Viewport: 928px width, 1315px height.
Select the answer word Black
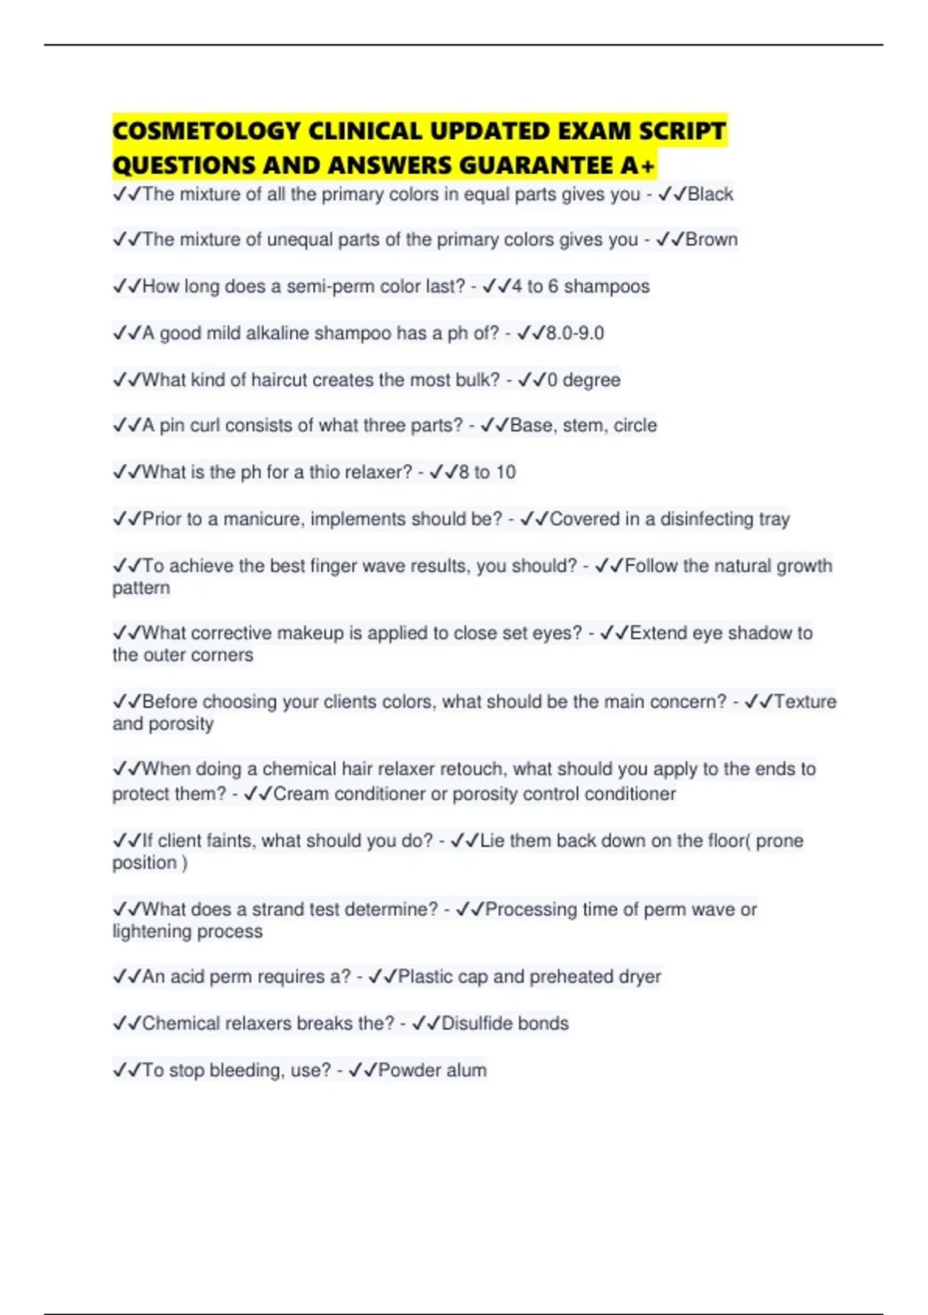pos(710,194)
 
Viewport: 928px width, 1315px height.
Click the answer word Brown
pos(711,240)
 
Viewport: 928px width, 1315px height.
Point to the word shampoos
pos(606,286)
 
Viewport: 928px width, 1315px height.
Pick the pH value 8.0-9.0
pos(575,333)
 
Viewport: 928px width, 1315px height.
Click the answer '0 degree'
pos(583,380)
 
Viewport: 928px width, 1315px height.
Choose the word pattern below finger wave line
pos(141,588)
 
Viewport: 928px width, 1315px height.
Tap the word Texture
pos(805,702)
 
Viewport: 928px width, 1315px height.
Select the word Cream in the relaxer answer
pos(301,794)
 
